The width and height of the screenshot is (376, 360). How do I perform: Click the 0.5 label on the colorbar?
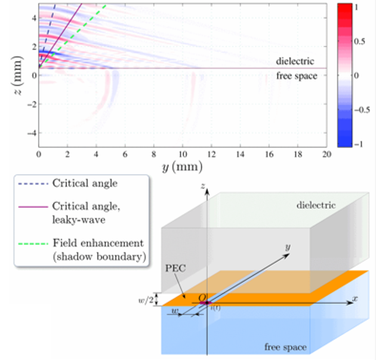coord(360,42)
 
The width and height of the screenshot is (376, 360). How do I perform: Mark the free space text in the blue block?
coord(285,347)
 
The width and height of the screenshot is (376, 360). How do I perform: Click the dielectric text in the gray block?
coord(316,205)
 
